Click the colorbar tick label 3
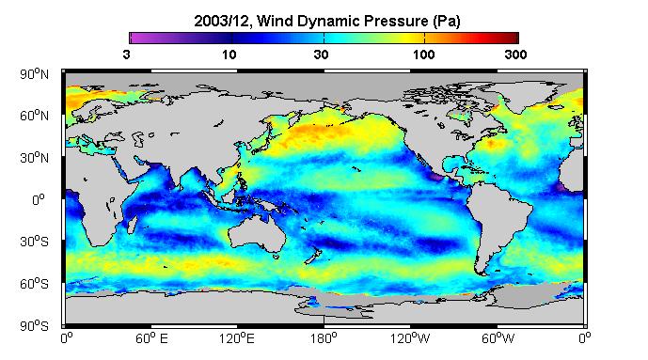126,55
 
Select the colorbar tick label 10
229,55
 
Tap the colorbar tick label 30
321,55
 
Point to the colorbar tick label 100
424,55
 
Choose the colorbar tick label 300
515,55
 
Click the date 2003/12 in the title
221,21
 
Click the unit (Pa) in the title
447,21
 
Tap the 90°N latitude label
34,74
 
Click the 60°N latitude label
34,116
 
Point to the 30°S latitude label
34,242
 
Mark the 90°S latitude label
34,326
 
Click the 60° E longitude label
151,339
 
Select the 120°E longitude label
237,339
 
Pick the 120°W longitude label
410,339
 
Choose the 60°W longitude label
498,339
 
